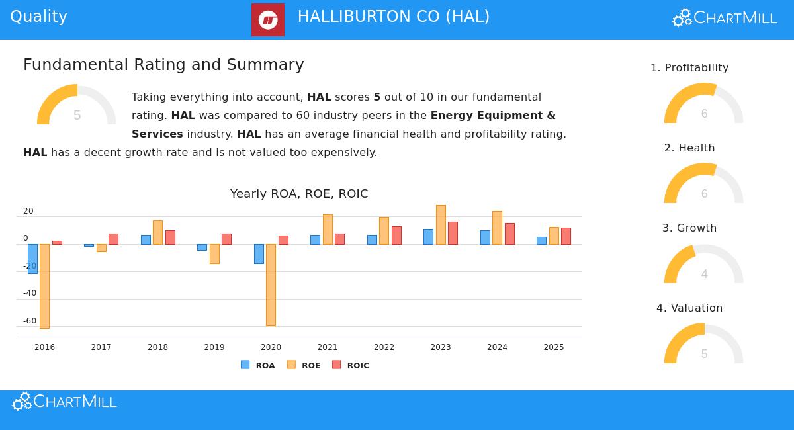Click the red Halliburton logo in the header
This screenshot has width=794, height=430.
[268, 20]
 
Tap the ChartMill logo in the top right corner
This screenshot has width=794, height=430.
[725, 18]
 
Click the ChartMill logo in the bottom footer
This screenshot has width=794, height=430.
[65, 402]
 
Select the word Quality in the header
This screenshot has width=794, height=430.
[38, 17]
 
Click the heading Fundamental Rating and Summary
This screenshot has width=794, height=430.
[163, 65]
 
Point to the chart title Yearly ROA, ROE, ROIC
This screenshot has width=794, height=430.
[299, 194]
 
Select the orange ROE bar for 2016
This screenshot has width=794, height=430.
[44, 286]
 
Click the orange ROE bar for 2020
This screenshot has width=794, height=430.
[271, 284]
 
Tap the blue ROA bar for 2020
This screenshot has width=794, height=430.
[259, 253]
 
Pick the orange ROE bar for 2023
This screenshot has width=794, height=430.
[441, 225]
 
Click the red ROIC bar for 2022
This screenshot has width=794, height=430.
[396, 236]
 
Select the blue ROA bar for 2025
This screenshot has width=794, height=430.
[541, 241]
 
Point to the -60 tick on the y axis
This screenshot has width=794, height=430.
[30, 321]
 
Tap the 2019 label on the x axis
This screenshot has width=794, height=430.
[214, 347]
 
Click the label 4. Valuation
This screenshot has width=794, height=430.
[689, 308]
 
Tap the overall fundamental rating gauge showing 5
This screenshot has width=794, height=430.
[77, 106]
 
